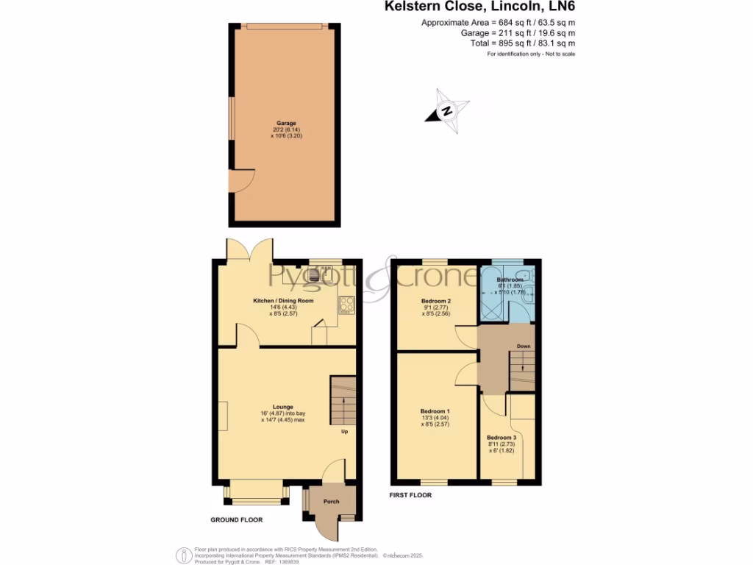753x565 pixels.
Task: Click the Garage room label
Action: (286, 124)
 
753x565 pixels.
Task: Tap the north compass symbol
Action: (446, 111)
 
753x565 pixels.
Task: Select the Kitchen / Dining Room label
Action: (284, 301)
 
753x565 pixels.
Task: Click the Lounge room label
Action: (283, 406)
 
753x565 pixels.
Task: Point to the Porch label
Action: (331, 502)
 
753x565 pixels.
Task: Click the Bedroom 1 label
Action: (435, 411)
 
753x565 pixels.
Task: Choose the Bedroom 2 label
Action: (435, 301)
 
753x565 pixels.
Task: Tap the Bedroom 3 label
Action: (502, 438)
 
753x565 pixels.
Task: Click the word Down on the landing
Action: (523, 346)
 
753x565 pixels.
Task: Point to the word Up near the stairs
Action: (344, 431)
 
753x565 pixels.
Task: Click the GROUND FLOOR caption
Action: (236, 519)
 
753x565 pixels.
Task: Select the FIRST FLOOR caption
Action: (410, 495)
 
